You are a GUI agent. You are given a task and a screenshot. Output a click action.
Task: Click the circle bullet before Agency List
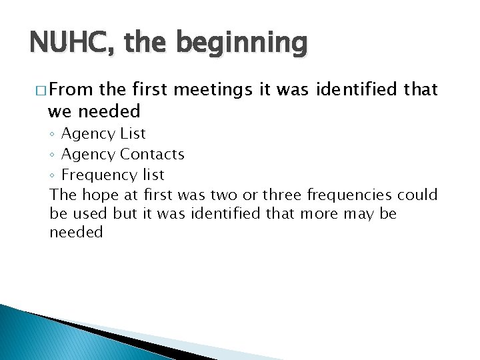pos(53,134)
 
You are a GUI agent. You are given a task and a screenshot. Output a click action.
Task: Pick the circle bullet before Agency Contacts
pos(53,155)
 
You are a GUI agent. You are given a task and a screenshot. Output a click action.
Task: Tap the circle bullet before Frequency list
pos(53,175)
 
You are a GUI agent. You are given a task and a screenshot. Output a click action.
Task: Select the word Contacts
pos(152,154)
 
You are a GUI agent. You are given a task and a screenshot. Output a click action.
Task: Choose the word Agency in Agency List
pos(88,134)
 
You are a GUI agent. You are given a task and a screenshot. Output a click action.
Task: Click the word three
pos(282,195)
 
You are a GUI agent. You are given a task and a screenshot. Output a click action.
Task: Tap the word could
pos(418,195)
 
